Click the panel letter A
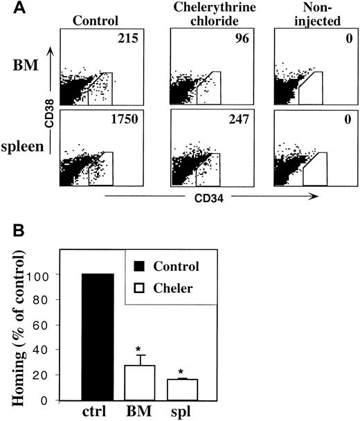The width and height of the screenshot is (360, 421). (x=8, y=8)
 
